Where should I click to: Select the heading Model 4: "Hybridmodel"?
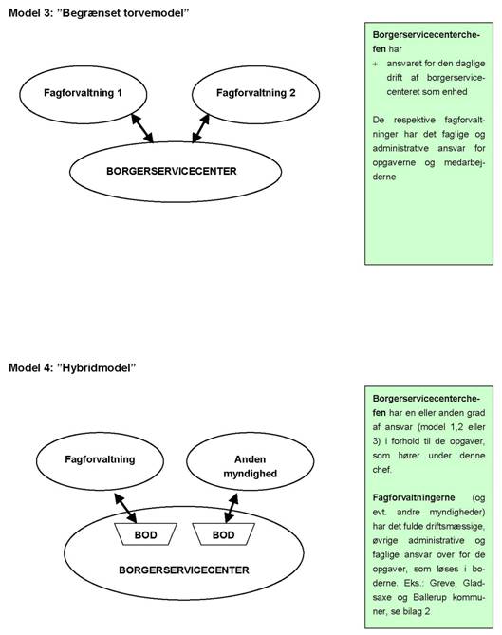[72, 367]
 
